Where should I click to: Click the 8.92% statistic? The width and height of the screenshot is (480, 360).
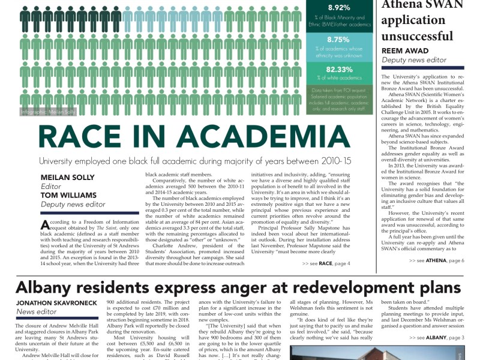338,8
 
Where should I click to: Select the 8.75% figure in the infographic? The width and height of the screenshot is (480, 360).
338,40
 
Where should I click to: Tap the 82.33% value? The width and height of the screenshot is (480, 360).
338,70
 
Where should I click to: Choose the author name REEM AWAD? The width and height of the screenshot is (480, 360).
406,51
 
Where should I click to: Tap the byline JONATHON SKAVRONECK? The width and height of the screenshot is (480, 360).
56,302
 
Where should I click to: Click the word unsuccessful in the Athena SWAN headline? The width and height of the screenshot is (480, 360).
421,35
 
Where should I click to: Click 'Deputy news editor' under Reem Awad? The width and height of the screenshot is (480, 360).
414,60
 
